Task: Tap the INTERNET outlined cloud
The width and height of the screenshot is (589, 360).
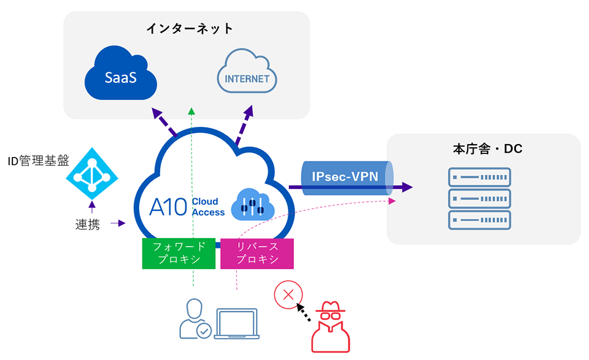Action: (x=247, y=76)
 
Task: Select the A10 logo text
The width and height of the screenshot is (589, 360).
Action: (x=167, y=207)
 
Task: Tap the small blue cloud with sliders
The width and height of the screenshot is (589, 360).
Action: (x=252, y=205)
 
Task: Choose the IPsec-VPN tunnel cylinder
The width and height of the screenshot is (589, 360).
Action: (x=347, y=177)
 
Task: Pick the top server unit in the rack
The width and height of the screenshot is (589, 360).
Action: (x=479, y=178)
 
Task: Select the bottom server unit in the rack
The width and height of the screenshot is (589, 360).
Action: (x=479, y=220)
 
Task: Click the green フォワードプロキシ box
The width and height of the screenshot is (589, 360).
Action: (x=180, y=253)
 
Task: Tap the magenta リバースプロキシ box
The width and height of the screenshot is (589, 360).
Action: (x=257, y=253)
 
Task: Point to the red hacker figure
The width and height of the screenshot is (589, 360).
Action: (x=330, y=327)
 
